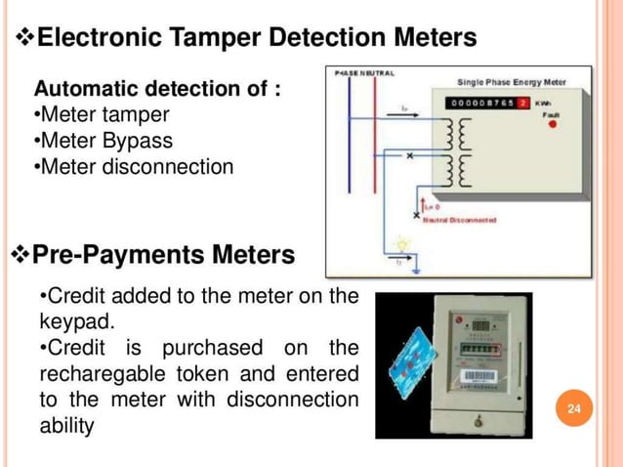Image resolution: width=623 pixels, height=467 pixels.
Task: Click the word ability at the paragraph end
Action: click(67, 427)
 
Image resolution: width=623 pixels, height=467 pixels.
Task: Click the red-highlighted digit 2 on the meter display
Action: click(523, 102)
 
